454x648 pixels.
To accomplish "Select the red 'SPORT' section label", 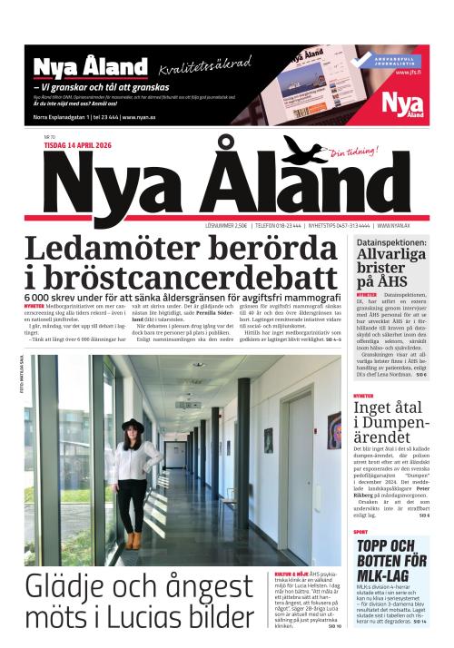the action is pyautogui.click(x=360, y=532).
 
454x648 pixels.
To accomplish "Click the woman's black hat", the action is pyautogui.click(x=133, y=425).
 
